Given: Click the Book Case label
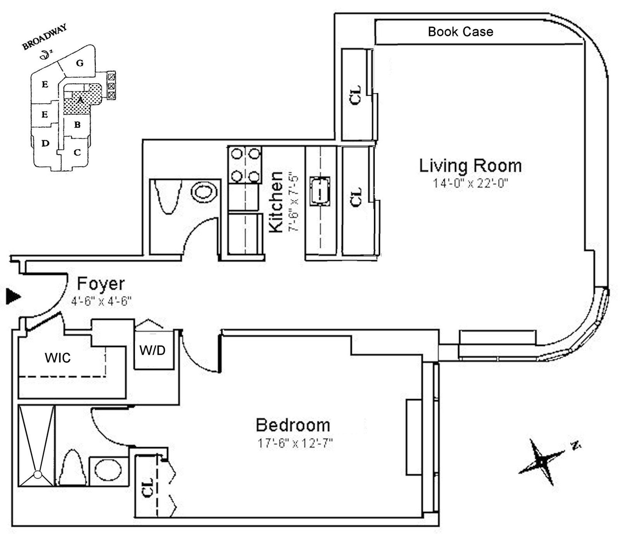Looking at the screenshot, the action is [460, 32].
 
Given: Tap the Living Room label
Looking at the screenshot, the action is [470, 166].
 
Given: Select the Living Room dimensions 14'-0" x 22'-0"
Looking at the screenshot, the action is [470, 183].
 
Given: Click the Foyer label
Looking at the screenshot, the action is [101, 284].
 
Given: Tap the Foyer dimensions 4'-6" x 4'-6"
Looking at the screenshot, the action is [102, 301].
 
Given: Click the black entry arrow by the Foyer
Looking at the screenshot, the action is [14, 297].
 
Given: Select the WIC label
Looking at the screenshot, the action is [58, 358].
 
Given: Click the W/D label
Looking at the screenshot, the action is [152, 351].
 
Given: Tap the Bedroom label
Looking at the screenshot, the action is [293, 425].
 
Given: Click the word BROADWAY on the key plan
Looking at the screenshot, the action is [45, 37].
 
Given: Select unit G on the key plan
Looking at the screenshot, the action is [80, 63].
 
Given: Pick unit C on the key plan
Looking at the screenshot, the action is [77, 152].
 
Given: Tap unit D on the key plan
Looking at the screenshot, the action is [45, 143].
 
